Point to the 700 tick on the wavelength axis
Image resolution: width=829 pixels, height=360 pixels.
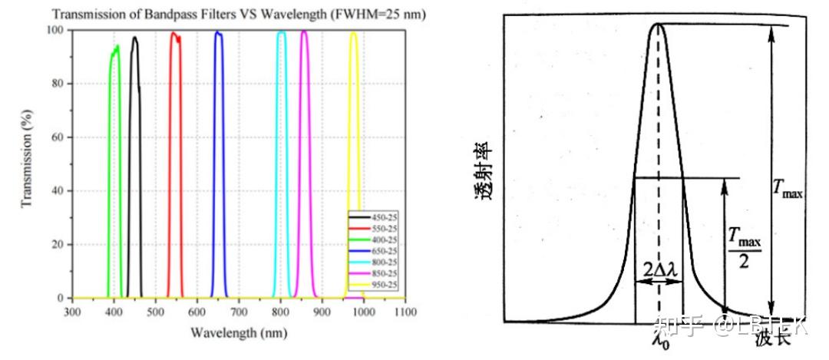(239, 312)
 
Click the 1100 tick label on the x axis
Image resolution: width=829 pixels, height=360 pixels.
(405, 312)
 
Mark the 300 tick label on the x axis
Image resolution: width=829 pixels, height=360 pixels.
(72, 312)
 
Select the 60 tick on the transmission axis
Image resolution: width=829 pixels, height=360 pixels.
(57, 137)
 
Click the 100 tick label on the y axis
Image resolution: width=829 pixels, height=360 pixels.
(54, 30)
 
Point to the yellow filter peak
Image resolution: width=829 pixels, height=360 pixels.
(354, 34)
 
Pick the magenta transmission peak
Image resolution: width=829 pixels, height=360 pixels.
(304, 33)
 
